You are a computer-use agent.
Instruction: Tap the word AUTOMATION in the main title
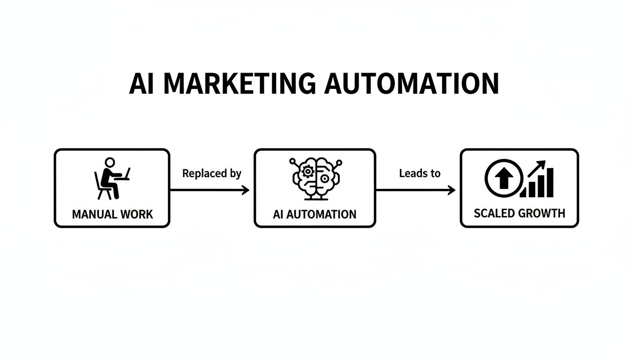pos(412,84)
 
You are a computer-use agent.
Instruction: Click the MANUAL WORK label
pos(112,214)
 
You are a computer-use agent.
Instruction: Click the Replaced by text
pos(211,173)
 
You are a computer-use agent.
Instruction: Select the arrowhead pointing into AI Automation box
pos(246,190)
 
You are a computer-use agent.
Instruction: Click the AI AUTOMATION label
pos(315,215)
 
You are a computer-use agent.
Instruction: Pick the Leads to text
pos(420,173)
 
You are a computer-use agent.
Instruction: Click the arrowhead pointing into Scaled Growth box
pos(452,190)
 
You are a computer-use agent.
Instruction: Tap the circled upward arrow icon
pos(504,178)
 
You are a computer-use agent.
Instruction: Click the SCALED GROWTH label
pos(519,213)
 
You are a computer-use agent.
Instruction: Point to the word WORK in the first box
pos(136,214)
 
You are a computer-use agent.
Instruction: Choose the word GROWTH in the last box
pos(542,213)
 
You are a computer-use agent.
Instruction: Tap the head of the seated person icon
pos(109,162)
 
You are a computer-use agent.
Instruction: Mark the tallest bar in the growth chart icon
pos(549,183)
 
